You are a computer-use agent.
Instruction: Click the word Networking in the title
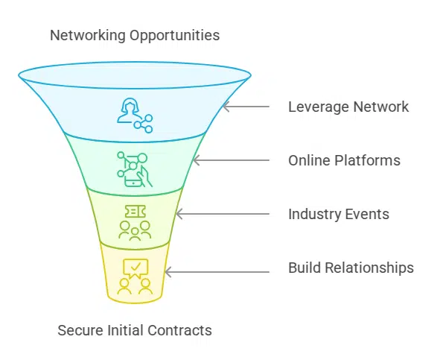click(88, 36)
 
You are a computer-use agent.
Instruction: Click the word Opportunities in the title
click(174, 36)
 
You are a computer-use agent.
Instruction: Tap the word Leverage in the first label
click(319, 107)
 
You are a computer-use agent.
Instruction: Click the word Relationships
click(369, 268)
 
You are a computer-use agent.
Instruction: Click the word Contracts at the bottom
click(179, 330)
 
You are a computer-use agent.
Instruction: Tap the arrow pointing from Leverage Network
click(246, 107)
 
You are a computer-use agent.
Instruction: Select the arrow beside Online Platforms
click(231, 160)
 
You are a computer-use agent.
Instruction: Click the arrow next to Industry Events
click(223, 214)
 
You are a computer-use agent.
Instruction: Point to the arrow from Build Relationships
click(217, 272)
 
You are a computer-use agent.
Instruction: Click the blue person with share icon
click(135, 116)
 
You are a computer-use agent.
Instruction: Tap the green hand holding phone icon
click(135, 169)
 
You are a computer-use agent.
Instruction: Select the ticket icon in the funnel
click(135, 212)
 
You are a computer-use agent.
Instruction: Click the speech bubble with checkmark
click(135, 268)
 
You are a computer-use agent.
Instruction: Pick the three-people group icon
click(135, 230)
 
